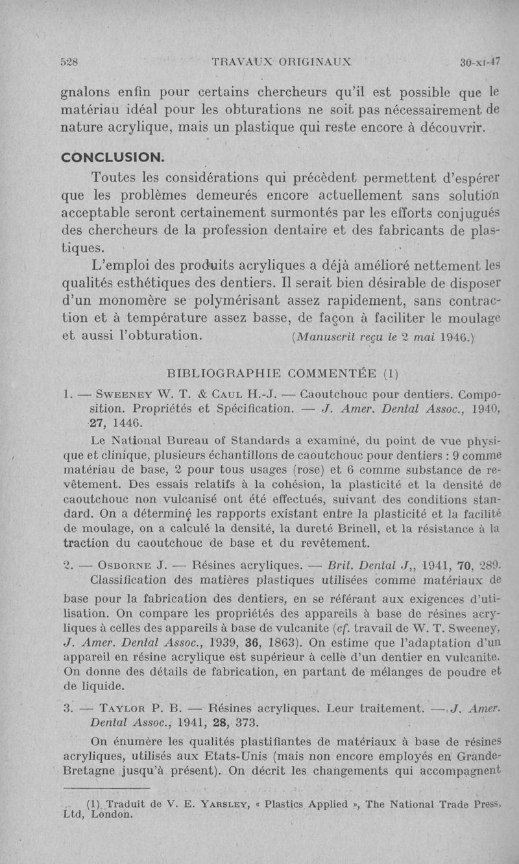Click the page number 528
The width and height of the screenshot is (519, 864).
(69, 63)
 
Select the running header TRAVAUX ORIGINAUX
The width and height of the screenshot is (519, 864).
(282, 63)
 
